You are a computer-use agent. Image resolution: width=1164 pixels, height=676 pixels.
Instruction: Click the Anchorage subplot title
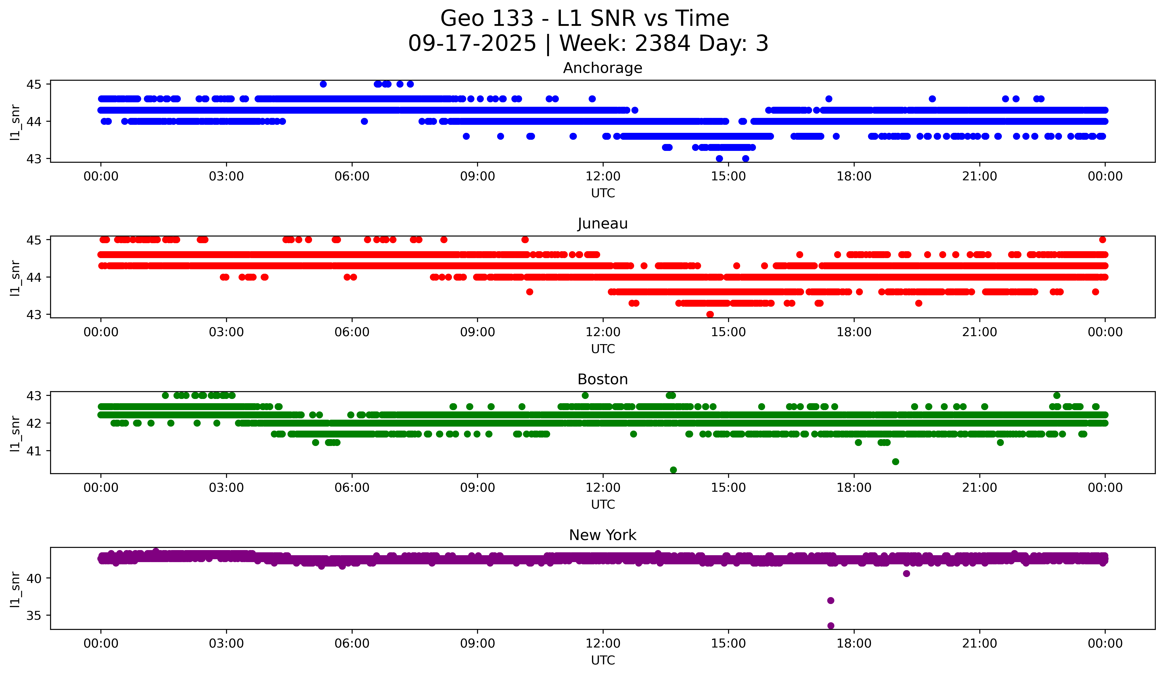coord(602,68)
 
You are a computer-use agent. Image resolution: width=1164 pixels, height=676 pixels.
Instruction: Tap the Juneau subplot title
coord(602,224)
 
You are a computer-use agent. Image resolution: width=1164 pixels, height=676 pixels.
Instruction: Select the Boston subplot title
coord(602,379)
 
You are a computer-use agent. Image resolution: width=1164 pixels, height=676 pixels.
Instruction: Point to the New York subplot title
coord(602,535)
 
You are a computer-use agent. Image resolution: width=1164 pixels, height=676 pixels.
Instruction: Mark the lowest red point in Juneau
coord(710,314)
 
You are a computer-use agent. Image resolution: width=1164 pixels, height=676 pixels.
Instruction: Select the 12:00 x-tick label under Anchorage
coord(603,177)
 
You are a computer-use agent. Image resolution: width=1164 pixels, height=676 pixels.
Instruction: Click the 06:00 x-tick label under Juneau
coord(352,332)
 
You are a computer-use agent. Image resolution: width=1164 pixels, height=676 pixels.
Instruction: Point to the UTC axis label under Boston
coord(603,505)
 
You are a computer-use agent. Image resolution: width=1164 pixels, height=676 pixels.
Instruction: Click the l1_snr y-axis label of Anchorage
coord(15,122)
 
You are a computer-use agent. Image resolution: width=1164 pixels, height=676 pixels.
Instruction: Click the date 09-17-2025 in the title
coord(472,43)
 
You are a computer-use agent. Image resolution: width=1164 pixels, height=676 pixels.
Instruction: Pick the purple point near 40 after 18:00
coord(906,573)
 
